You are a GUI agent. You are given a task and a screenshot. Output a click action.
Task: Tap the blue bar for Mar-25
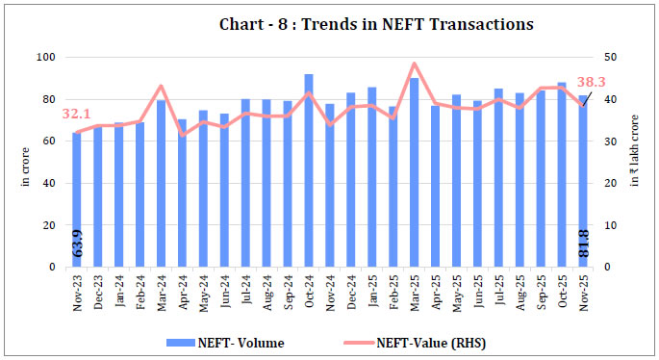point(415,173)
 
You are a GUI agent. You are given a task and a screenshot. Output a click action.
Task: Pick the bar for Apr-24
point(183,193)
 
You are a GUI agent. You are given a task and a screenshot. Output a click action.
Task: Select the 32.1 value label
point(77,115)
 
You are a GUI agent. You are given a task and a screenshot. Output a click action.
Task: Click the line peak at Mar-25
point(415,64)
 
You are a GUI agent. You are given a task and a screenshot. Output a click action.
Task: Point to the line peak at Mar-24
point(162,86)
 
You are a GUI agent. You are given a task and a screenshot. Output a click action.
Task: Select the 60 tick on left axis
point(56,141)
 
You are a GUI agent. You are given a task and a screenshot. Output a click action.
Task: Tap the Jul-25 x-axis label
point(499,286)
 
